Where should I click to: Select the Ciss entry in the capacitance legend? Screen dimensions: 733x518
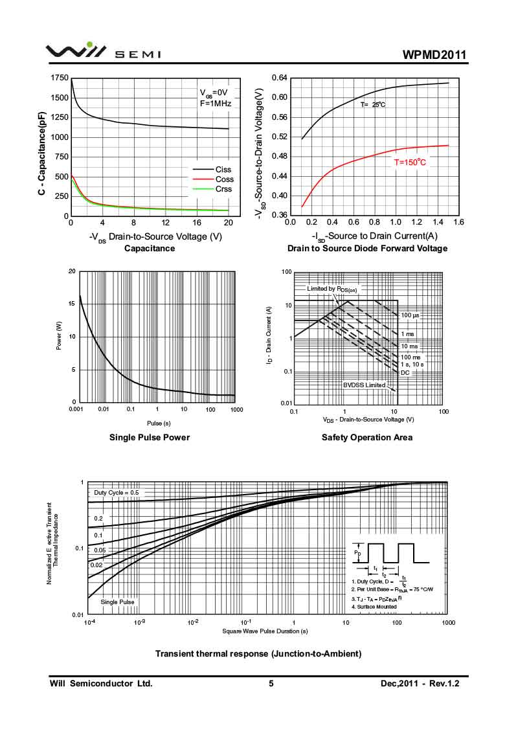click(223, 170)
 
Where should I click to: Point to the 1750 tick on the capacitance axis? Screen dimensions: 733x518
click(58, 78)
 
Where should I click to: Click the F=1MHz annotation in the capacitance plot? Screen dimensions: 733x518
click(215, 102)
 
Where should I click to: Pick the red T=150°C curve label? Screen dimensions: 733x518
click(411, 162)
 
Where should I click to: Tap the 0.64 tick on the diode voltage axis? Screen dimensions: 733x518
click(279, 78)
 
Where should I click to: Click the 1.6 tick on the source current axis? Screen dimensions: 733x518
click(458, 222)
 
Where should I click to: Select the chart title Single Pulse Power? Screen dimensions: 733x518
click(150, 437)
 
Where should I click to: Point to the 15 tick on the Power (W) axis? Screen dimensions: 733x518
click(72, 304)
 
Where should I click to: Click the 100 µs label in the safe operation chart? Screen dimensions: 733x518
click(411, 315)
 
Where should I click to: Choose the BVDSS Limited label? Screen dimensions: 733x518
click(364, 385)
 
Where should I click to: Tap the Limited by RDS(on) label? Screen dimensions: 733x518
click(332, 288)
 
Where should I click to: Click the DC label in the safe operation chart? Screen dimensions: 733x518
click(405, 372)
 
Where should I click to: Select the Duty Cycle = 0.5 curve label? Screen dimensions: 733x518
click(117, 493)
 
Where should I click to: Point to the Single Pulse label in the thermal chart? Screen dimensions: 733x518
click(118, 602)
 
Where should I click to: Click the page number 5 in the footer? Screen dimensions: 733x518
click(271, 683)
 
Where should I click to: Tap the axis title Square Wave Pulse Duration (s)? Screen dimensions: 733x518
click(265, 631)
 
